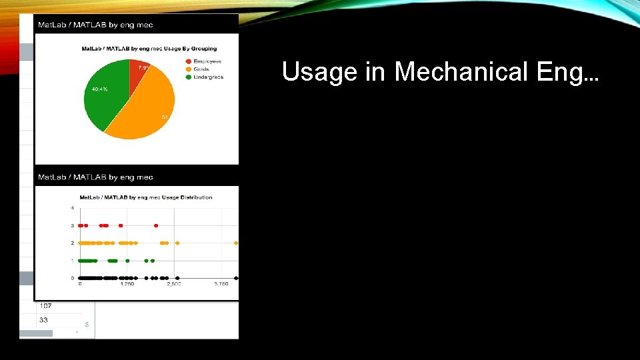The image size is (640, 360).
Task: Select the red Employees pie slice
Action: pyautogui.click(x=138, y=75)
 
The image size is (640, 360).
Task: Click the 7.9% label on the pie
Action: pyautogui.click(x=144, y=67)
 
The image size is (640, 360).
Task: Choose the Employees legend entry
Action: pyautogui.click(x=206, y=61)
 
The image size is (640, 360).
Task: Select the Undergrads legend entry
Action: pyautogui.click(x=207, y=77)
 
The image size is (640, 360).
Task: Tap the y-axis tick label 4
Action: pyautogui.click(x=73, y=209)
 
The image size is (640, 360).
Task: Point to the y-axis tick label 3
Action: pyautogui.click(x=73, y=226)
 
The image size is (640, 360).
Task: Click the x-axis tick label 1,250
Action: pyautogui.click(x=127, y=284)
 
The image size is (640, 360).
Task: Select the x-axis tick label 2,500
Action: pyautogui.click(x=174, y=284)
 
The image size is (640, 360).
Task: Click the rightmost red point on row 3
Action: pyautogui.click(x=156, y=226)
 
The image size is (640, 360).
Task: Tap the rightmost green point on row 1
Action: pyautogui.click(x=153, y=261)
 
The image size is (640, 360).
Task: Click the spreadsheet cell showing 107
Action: pyautogui.click(x=45, y=306)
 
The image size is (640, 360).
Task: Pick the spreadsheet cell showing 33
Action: pyautogui.click(x=43, y=320)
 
